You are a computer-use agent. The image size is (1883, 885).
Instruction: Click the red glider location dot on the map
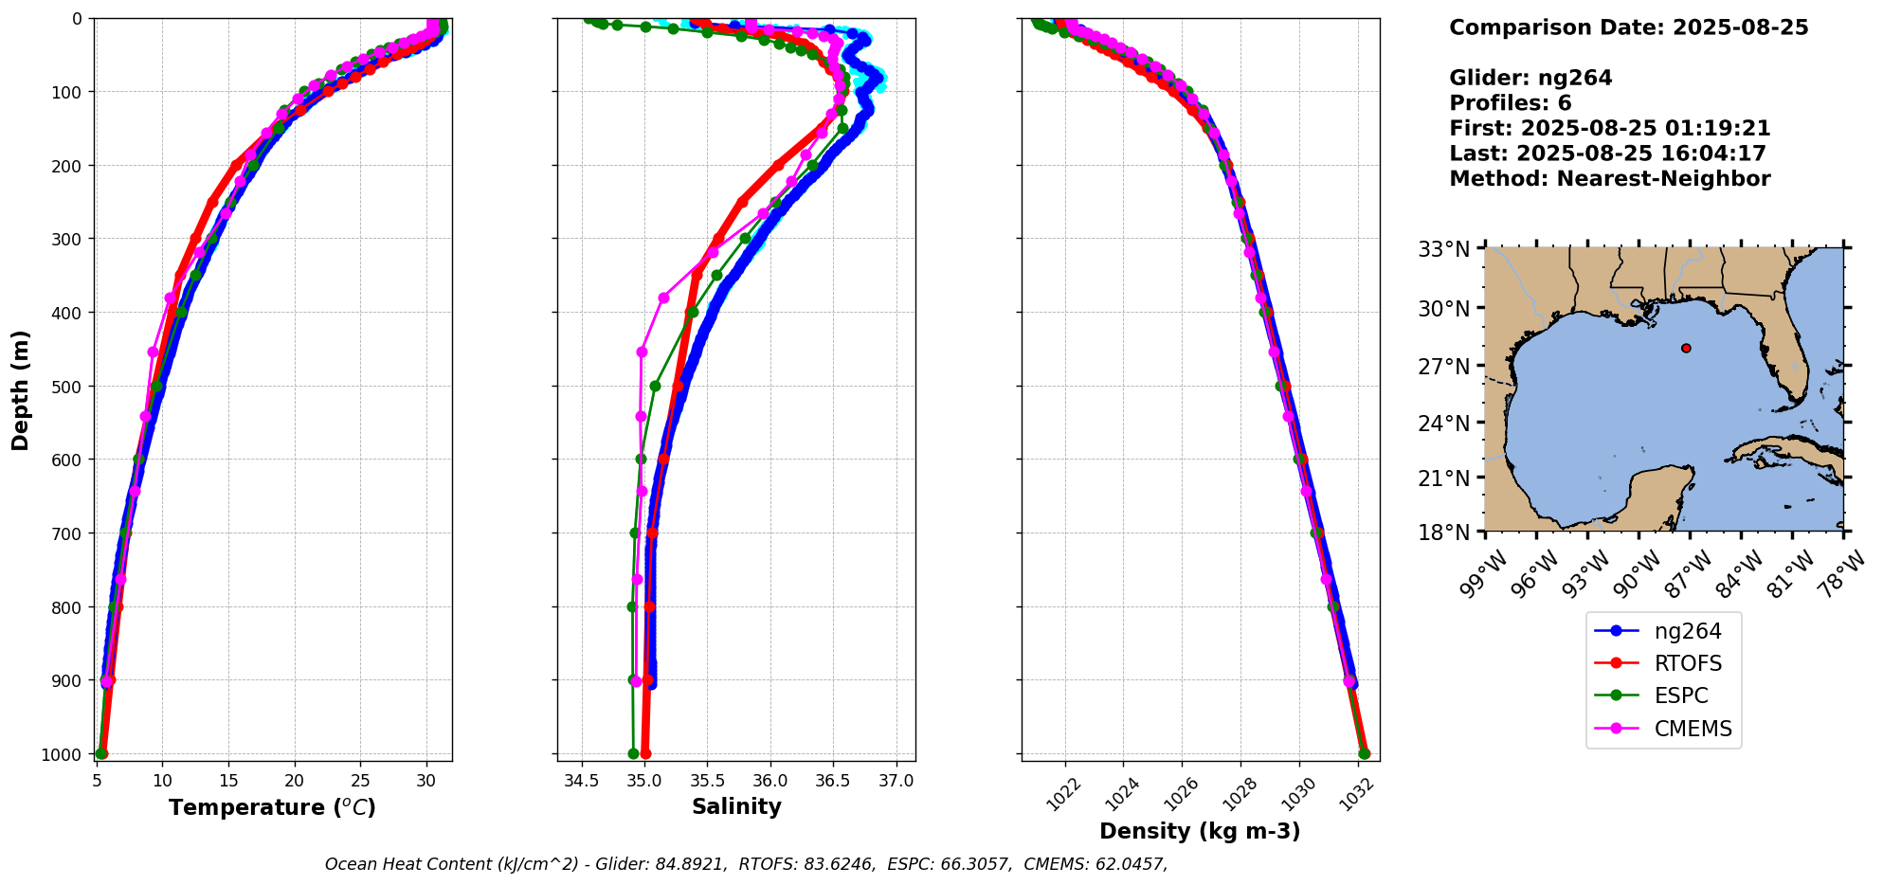(1686, 348)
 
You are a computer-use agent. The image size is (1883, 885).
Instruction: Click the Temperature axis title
(272, 807)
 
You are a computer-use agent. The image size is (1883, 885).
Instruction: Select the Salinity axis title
(736, 807)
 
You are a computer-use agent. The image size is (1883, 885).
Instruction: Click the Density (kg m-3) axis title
(1200, 831)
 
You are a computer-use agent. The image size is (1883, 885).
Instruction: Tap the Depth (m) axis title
(21, 389)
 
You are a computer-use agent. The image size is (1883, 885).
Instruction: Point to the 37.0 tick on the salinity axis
(896, 782)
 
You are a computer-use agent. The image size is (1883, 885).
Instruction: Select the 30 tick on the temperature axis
(426, 782)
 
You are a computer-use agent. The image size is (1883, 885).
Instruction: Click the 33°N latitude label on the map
(1443, 250)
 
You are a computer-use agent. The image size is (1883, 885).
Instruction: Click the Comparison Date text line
(1628, 27)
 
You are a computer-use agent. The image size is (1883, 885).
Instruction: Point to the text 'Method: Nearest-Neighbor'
(1609, 179)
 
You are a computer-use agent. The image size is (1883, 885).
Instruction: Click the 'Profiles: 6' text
(1510, 103)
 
